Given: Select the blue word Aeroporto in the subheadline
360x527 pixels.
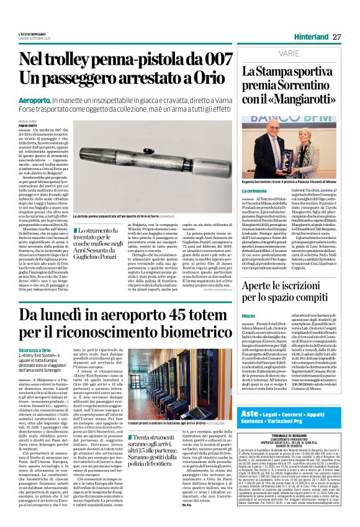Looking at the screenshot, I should coord(36,99).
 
